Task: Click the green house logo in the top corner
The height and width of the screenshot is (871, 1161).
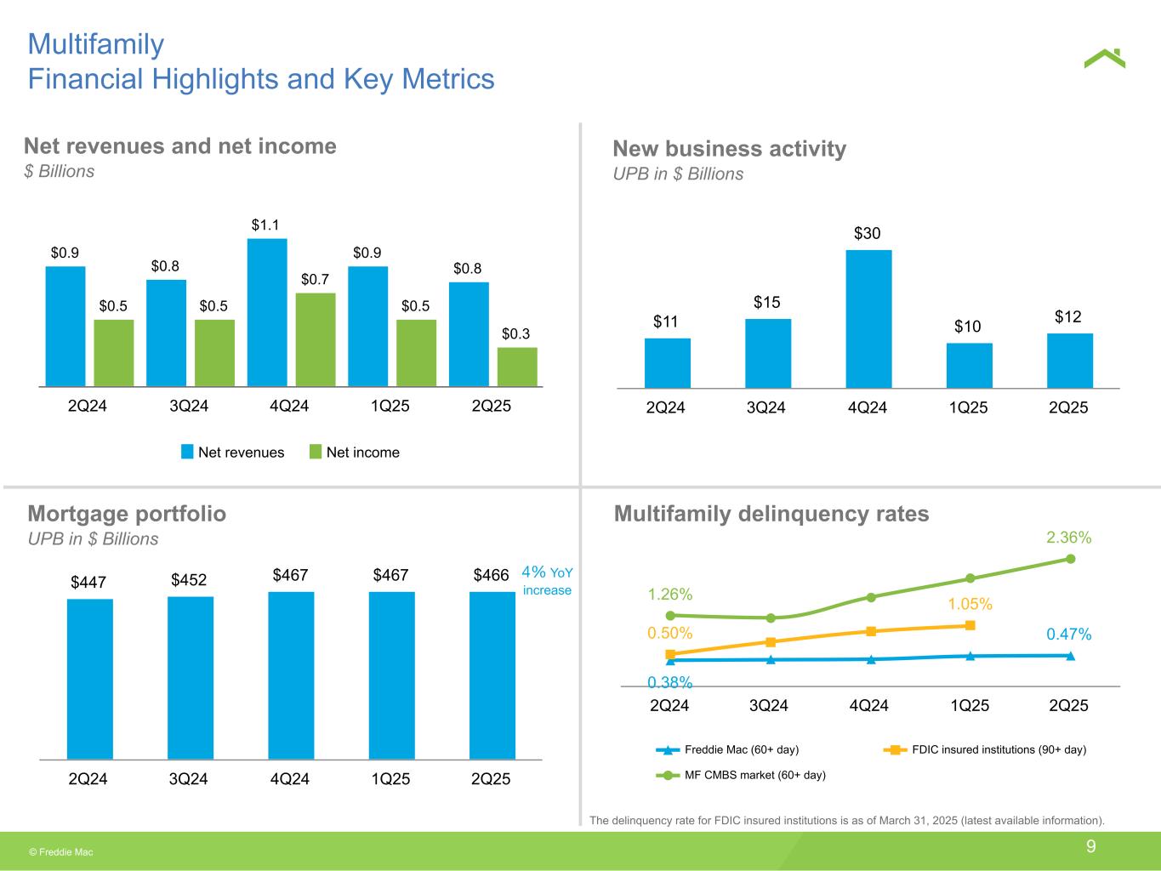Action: click(1104, 58)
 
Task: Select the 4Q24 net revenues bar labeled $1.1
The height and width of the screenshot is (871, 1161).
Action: click(267, 312)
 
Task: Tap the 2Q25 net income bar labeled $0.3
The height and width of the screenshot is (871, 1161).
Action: click(517, 367)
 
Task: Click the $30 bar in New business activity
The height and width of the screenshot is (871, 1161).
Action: click(868, 319)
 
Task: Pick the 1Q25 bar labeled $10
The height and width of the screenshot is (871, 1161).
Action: click(969, 366)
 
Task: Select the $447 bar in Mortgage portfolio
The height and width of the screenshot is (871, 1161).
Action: click(89, 679)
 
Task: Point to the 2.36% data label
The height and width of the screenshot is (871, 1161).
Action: click(1069, 538)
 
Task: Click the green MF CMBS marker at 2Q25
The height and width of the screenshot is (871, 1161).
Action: click(1070, 559)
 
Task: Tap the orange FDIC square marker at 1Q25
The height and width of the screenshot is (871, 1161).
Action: click(970, 626)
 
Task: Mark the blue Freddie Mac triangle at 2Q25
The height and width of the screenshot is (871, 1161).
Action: click(1070, 656)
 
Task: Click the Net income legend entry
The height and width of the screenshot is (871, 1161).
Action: click(354, 453)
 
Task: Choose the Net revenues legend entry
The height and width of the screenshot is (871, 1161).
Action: click(233, 453)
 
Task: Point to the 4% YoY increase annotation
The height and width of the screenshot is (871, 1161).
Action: click(546, 581)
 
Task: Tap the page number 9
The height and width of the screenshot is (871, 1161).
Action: click(1090, 846)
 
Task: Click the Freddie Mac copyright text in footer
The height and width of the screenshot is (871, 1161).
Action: click(61, 851)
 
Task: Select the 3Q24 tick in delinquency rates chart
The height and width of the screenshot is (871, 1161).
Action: click(769, 705)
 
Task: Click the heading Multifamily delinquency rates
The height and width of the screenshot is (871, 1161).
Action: click(771, 514)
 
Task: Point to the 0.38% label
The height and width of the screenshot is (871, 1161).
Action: click(670, 682)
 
